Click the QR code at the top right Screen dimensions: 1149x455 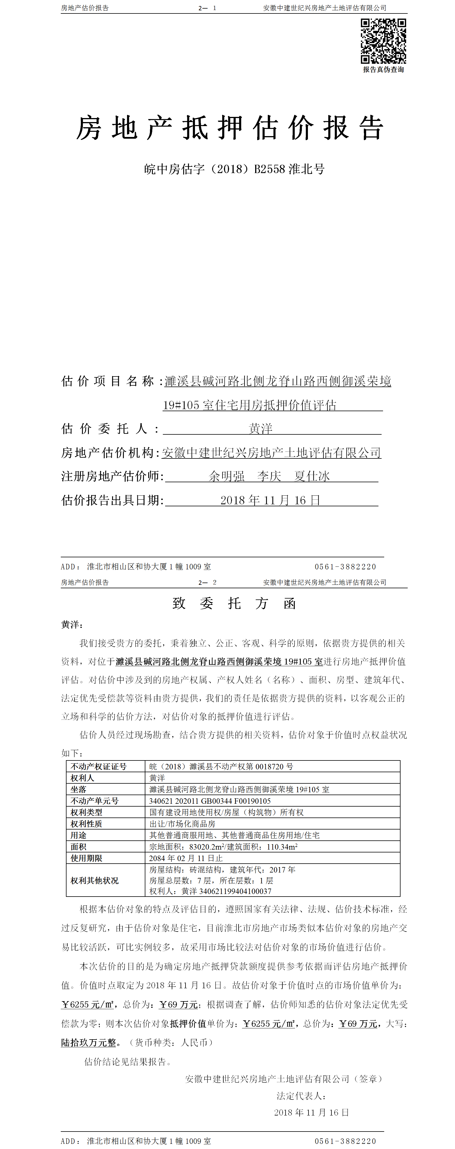pos(383,41)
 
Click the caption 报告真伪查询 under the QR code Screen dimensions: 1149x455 pos(383,70)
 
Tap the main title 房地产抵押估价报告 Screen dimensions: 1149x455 pos(230,128)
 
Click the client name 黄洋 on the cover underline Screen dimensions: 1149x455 pos(260,429)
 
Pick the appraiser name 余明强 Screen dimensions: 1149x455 pos(226,477)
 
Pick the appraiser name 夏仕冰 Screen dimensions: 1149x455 pos(312,477)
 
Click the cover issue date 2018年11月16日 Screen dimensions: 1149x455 pos(270,501)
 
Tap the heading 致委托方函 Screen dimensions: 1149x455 pos(234,603)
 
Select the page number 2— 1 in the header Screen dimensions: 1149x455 pos(207,8)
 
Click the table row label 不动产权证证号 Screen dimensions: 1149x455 pos(99,766)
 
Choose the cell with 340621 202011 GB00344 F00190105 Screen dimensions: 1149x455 pos(210,801)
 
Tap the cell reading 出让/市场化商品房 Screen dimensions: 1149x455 pos(182,823)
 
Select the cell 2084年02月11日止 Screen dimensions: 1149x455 pos(186,858)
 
